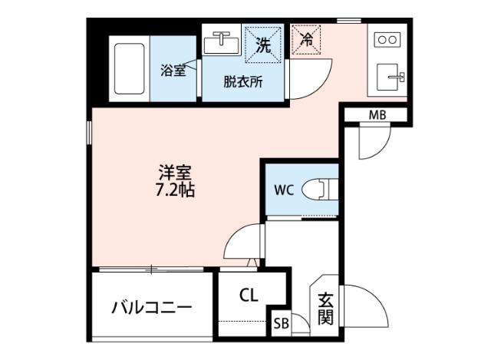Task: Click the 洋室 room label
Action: (x=175, y=172)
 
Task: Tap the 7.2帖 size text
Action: (x=175, y=190)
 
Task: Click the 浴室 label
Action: (x=172, y=71)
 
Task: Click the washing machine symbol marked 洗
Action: (x=262, y=45)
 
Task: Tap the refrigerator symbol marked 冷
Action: (x=306, y=39)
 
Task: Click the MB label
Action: (x=377, y=115)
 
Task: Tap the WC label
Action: (x=282, y=189)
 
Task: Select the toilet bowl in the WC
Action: (x=318, y=189)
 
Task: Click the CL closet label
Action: (x=248, y=294)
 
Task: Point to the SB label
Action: (x=281, y=324)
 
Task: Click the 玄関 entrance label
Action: (x=325, y=308)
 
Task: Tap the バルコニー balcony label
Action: (x=151, y=308)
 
